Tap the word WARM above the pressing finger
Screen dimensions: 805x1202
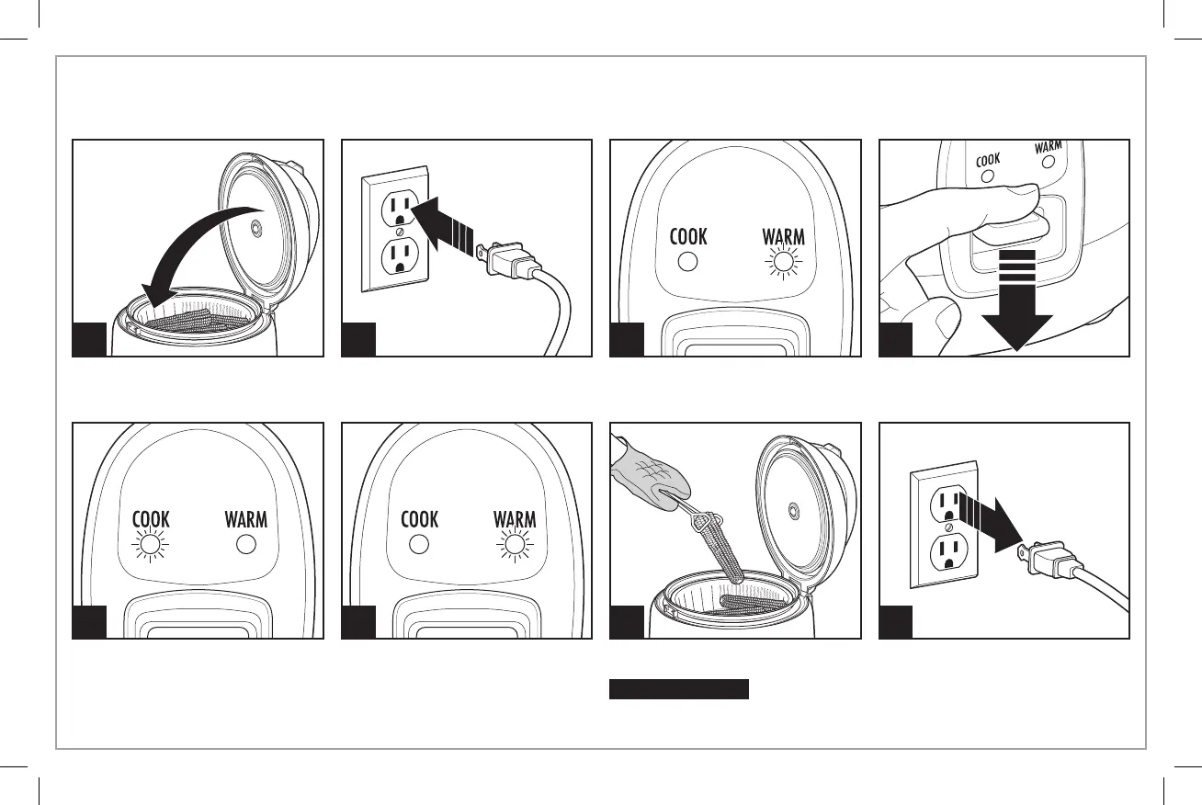coord(1048,148)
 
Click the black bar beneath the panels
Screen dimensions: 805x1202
coord(679,689)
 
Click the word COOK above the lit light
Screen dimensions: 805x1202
coord(151,519)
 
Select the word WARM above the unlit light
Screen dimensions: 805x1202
coord(246,519)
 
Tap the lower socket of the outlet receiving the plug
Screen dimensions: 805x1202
coord(398,254)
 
